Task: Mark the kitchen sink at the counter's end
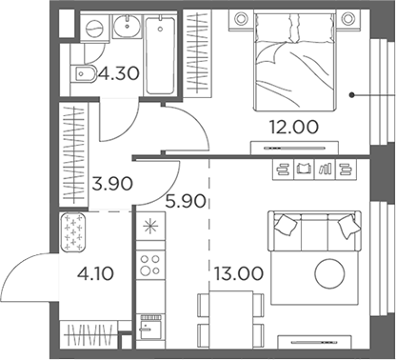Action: pyautogui.click(x=150, y=330)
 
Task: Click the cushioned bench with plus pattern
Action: pyautogui.click(x=74, y=233)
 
